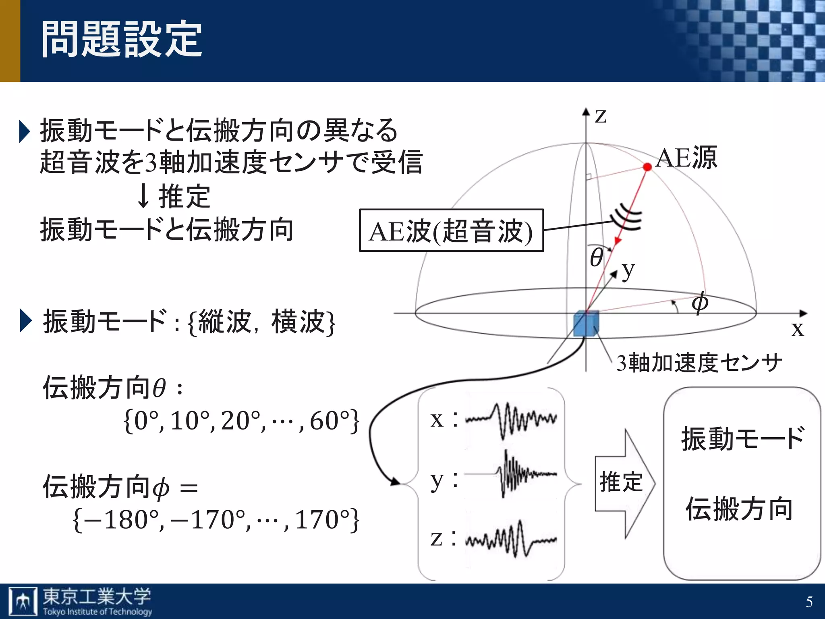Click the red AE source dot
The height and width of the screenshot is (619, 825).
click(x=647, y=167)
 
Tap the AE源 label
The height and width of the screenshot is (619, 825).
click(x=686, y=158)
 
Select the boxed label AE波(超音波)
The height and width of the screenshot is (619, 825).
click(x=451, y=231)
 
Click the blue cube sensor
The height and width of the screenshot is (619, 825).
click(x=586, y=323)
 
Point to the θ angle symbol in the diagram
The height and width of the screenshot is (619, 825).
click(x=596, y=258)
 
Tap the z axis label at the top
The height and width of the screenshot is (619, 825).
click(x=601, y=116)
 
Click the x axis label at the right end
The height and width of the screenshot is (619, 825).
click(x=797, y=329)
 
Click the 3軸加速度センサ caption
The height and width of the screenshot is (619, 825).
click(x=699, y=362)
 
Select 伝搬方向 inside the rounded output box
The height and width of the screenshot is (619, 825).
click(x=740, y=509)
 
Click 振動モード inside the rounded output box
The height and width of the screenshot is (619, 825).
click(x=743, y=438)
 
